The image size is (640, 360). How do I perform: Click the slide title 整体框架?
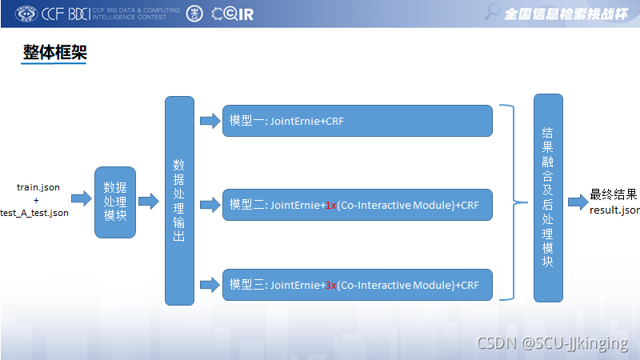pos(54,53)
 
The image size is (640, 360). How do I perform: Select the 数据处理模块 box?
pos(115,202)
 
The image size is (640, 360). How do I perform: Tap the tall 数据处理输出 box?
pos(179,201)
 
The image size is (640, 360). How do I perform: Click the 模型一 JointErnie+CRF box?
pos(357,121)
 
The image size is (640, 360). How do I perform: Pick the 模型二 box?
pos(357,205)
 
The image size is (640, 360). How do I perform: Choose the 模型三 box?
pos(357,285)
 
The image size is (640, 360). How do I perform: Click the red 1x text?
pos(330,206)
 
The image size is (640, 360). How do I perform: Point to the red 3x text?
pos(330,286)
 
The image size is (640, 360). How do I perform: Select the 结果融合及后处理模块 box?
pos(548,198)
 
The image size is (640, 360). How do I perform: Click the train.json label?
pos(38,187)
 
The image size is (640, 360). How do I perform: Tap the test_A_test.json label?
pos(35,213)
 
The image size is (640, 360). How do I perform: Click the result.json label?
pos(614,210)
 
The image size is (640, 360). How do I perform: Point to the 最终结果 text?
pos(614,194)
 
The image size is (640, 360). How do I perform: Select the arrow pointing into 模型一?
pos(210,121)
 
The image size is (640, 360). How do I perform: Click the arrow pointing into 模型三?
pos(210,284)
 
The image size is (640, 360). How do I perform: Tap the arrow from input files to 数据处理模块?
pos(82,198)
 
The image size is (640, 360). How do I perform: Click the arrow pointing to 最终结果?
pos(578,202)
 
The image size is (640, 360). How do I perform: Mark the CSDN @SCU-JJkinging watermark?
pos(553,343)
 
